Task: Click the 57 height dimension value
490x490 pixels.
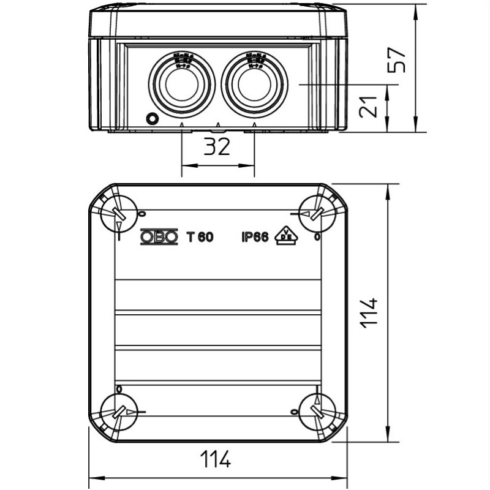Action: pos(399,59)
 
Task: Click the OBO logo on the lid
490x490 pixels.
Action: pos(159,237)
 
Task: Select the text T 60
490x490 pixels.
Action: pos(200,237)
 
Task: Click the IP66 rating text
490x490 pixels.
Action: pos(255,237)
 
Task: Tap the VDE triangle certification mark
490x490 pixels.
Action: pos(285,235)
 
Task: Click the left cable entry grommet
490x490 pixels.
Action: pos(181,83)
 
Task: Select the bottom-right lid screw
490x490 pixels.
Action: pos(317,412)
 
